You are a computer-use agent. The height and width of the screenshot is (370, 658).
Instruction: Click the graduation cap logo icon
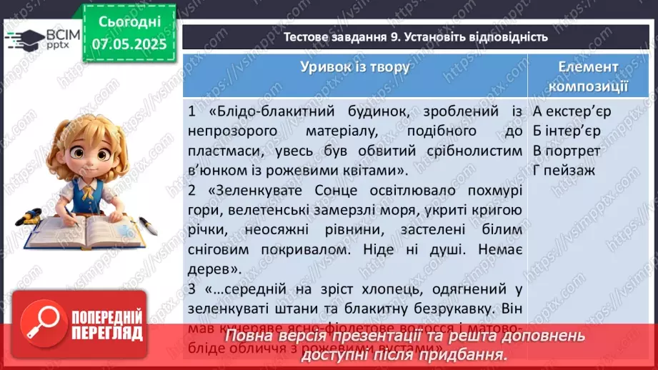tap(23, 38)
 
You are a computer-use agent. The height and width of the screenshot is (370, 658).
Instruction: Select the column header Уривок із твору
tap(355, 67)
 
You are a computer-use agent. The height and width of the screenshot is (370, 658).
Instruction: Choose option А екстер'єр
tap(572, 111)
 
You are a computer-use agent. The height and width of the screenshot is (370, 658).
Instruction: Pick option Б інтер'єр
tap(567, 131)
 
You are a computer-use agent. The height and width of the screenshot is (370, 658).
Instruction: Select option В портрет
tap(567, 151)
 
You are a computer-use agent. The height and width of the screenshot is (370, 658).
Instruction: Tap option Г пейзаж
tap(564, 171)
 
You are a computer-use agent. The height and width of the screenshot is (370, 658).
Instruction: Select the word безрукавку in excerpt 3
tap(469, 311)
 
